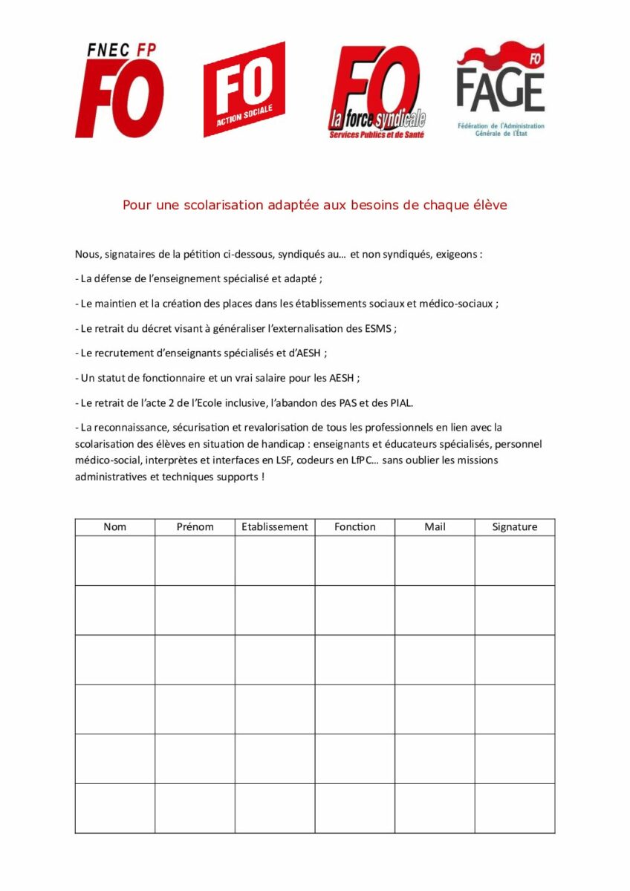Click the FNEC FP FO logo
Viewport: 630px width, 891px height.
119,90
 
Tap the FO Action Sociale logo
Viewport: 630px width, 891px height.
244,89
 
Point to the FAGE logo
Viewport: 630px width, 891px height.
500,88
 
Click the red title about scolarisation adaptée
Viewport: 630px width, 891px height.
315,205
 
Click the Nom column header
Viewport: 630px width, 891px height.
115,526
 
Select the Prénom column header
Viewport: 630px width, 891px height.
195,526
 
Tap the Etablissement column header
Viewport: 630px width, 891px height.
275,526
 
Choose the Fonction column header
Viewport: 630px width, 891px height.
355,526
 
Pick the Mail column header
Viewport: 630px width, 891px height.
435,526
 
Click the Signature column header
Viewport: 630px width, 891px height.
515,526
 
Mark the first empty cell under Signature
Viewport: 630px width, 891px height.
515,561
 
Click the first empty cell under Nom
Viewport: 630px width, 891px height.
115,561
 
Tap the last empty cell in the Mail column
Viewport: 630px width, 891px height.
435,808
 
